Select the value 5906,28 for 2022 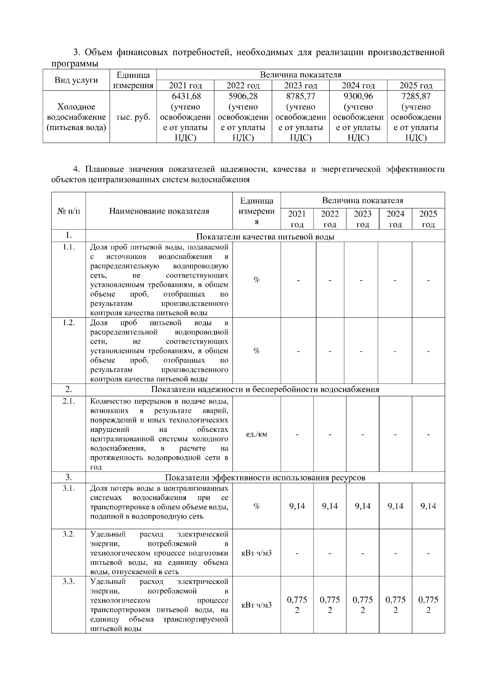[243, 96]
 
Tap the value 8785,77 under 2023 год [301, 96]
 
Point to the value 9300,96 [358, 96]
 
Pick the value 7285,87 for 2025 [416, 96]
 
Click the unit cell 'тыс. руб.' [133, 117]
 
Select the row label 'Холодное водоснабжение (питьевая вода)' [77, 117]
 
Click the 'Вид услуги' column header [77, 80]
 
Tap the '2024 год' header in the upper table [358, 85]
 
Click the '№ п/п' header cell [68, 211]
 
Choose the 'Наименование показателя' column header [159, 211]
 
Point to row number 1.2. [68, 323]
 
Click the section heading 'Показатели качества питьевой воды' [265, 237]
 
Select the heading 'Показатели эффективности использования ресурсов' [265, 478]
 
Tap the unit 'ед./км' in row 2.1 [256, 434]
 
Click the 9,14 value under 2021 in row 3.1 [297, 506]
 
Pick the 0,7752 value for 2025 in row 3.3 [428, 605]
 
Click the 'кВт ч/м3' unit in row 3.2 [256, 553]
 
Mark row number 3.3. [68, 581]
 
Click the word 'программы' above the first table [75, 64]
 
